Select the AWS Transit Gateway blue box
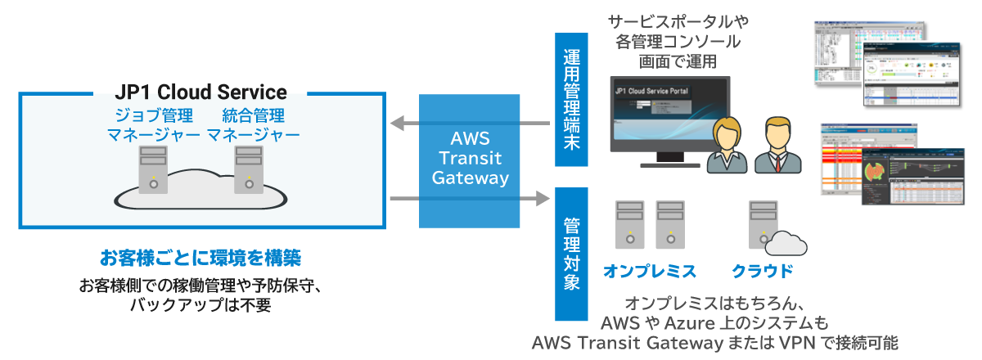tap(470, 161)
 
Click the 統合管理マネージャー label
tap(253, 124)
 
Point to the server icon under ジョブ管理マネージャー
tap(153, 169)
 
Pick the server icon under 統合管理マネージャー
tap(248, 169)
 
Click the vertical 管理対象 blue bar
tap(571, 254)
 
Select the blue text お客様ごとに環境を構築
tap(200, 259)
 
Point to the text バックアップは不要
tap(200, 305)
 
